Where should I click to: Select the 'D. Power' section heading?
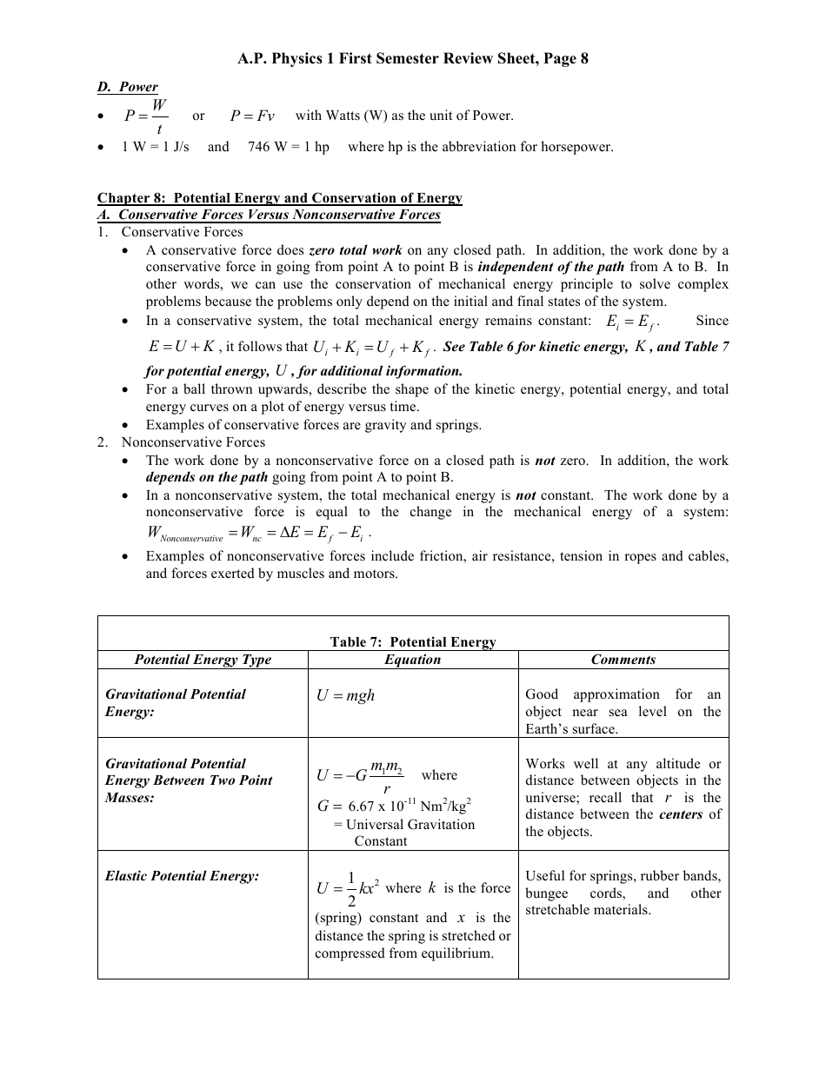[127, 87]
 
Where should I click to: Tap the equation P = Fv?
[252, 116]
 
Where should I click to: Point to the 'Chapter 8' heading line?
[279, 198]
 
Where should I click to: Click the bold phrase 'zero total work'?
[356, 250]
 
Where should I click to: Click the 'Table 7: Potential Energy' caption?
[413, 642]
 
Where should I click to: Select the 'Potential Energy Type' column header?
[203, 660]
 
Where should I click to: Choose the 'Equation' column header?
[413, 660]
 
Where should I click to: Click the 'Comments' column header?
[623, 660]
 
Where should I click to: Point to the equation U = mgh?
[346, 695]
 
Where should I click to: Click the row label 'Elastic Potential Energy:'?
[183, 876]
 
